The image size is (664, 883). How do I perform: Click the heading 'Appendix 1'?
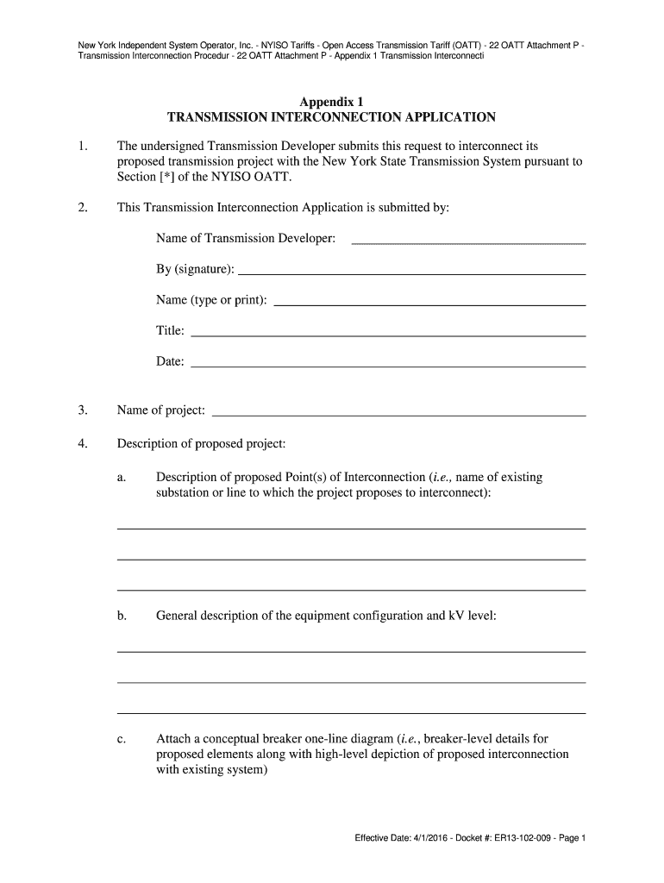tap(331, 101)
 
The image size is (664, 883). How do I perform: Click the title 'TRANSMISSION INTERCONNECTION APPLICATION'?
tap(331, 117)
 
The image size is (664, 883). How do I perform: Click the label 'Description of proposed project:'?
tap(201, 444)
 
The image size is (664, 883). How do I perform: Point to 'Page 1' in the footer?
tap(571, 838)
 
